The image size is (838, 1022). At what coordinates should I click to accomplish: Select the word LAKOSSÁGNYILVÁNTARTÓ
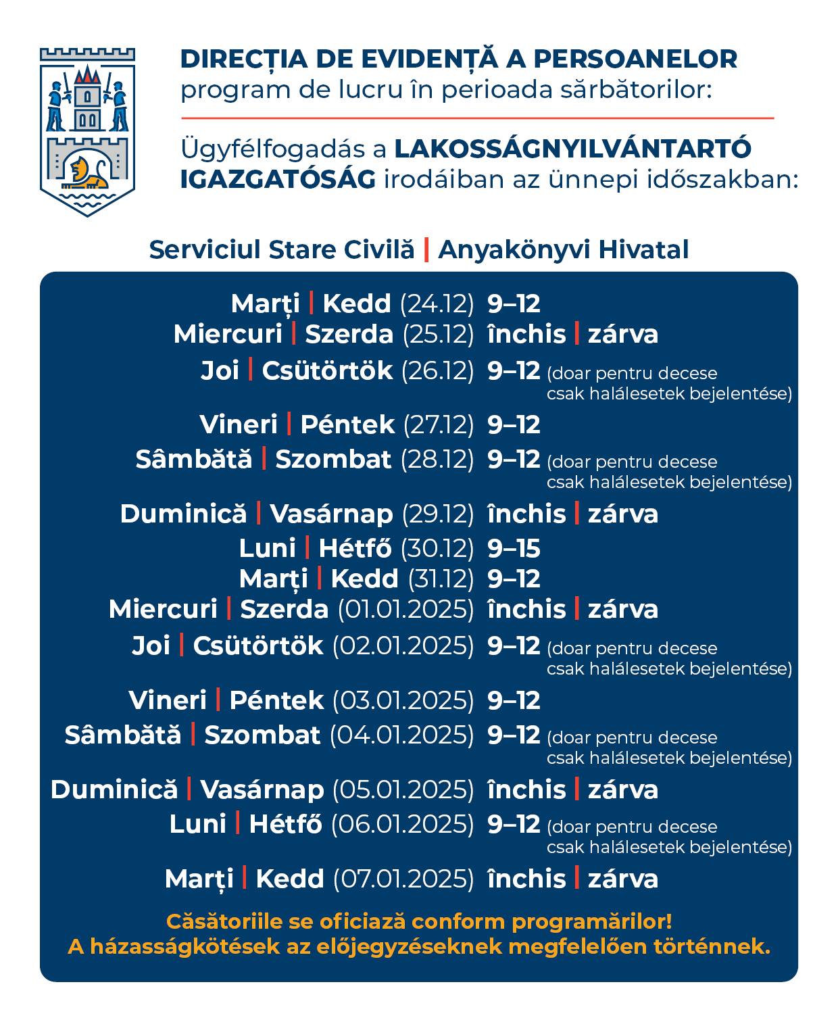(572, 149)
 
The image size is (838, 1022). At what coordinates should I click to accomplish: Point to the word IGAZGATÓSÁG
(278, 180)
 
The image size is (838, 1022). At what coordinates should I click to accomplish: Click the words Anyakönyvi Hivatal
(563, 249)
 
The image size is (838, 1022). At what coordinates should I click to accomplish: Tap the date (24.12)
(437, 303)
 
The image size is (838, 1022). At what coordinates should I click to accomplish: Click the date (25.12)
(439, 334)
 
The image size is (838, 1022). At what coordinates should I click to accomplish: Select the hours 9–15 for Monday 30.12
(514, 548)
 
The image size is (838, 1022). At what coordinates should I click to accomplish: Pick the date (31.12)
(441, 579)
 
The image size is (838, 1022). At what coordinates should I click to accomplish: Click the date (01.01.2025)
(405, 609)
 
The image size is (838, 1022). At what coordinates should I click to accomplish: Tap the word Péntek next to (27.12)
(347, 424)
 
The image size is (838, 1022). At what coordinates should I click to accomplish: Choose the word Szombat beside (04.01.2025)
(262, 735)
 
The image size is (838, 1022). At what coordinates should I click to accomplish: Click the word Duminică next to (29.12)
(183, 514)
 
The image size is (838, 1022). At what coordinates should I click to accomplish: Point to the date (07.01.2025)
(403, 879)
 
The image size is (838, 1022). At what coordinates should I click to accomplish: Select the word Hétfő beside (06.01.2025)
(285, 824)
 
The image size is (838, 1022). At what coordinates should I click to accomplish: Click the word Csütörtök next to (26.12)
(327, 370)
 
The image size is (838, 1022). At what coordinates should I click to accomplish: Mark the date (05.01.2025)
(403, 789)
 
